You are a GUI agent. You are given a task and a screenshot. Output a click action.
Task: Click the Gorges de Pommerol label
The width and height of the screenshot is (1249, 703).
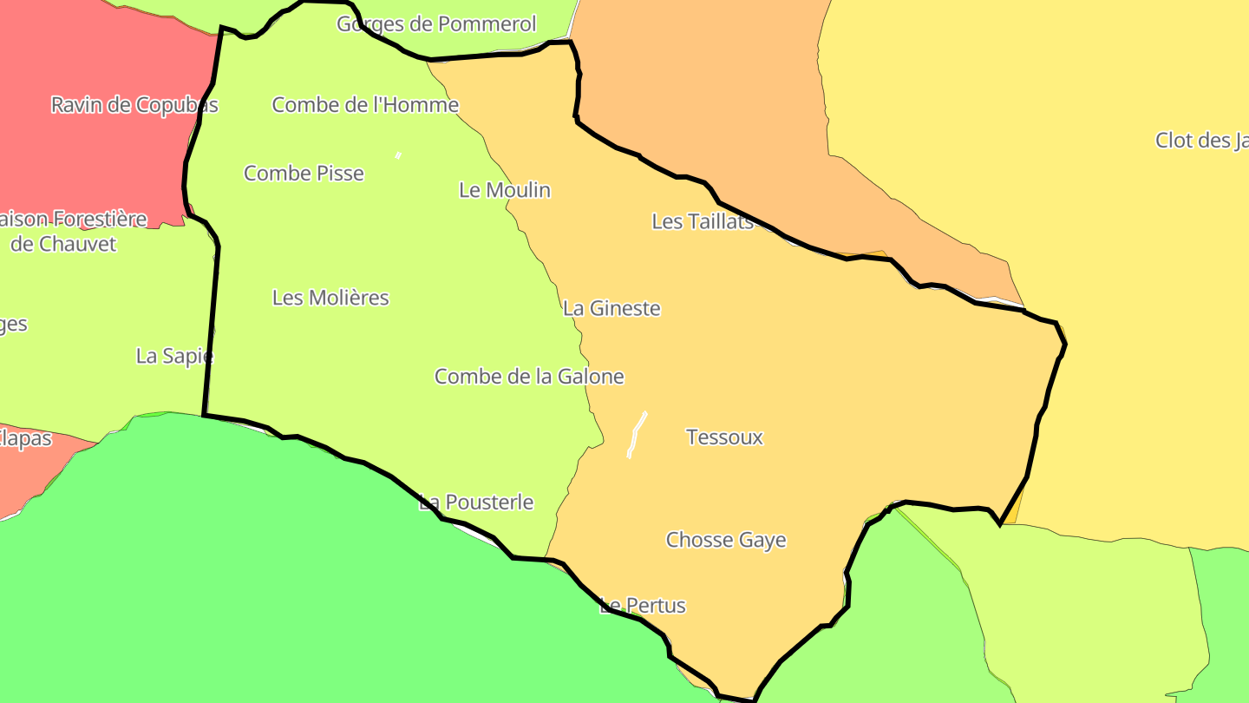[x=436, y=23]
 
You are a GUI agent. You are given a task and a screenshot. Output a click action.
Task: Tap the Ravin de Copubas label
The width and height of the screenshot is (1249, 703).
[x=134, y=105]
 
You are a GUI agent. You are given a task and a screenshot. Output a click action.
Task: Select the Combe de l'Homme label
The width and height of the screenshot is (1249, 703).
[x=365, y=105]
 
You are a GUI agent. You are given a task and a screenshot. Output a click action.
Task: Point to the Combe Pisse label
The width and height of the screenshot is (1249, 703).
[x=304, y=173]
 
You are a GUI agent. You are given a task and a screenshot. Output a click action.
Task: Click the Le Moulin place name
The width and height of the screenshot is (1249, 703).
[x=505, y=190]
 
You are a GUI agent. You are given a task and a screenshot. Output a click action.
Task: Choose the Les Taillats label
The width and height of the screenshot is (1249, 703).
[x=703, y=221]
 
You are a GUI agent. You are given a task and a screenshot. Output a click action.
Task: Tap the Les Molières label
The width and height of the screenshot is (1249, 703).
[x=330, y=298]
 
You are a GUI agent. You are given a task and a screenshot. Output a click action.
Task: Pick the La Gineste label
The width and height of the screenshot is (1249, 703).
[x=611, y=308]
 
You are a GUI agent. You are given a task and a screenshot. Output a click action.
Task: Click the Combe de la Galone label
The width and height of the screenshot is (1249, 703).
[x=529, y=377]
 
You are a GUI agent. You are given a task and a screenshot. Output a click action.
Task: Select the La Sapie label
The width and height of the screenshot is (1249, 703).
[x=174, y=356]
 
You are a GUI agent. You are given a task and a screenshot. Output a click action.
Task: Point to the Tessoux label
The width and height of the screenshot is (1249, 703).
[x=724, y=437]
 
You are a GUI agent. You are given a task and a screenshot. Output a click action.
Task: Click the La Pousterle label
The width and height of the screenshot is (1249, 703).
[x=476, y=503]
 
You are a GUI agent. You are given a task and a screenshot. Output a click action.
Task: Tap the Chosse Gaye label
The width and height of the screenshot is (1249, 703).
[x=726, y=540]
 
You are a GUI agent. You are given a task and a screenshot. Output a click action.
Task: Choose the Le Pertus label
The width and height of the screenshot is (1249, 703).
[x=643, y=606]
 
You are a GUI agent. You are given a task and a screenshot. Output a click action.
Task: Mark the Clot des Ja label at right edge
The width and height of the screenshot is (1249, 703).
[x=1201, y=141]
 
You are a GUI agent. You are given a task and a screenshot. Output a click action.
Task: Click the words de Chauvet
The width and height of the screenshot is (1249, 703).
[x=63, y=244]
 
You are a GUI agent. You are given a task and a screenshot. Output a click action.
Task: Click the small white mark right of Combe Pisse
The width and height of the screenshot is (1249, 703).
[x=398, y=155]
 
